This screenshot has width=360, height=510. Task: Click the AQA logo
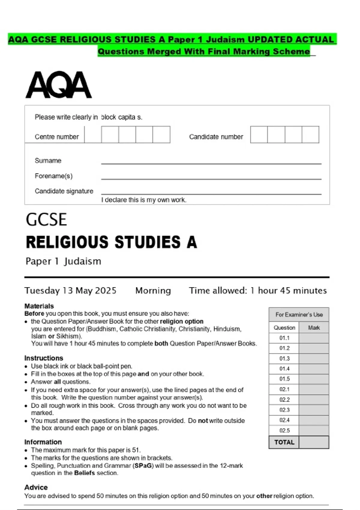[x=58, y=85]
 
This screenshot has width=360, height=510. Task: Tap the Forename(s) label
[x=53, y=176]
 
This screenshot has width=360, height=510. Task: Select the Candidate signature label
[x=64, y=191]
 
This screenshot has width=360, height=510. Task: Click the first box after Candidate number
[x=259, y=134]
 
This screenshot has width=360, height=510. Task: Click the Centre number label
[x=57, y=137]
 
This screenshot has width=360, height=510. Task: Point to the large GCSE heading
[x=46, y=220]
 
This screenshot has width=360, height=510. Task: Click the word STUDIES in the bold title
[x=148, y=242]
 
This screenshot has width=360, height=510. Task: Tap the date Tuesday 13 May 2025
[x=70, y=290]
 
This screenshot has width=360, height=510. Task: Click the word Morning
[x=153, y=290]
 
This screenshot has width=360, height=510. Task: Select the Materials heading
[x=39, y=306]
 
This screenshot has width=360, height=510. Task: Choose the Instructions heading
[x=43, y=358]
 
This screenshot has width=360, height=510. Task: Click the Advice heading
[x=36, y=487]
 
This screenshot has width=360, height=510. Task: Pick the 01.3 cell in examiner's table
[x=284, y=358]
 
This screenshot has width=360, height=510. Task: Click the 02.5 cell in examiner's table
[x=284, y=430]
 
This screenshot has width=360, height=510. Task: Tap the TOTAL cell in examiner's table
[x=284, y=442]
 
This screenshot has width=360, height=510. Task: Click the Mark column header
[x=314, y=328]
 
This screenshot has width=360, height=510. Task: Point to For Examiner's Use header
[x=299, y=315]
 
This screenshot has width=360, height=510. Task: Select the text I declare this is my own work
[x=144, y=200]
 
